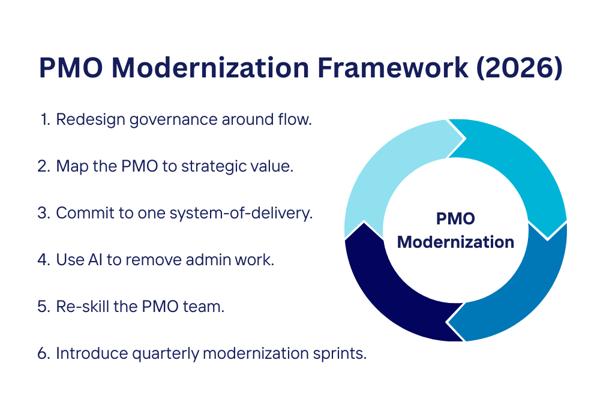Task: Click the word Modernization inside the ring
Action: tap(455, 242)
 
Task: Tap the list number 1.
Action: tap(44, 119)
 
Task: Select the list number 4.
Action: tap(43, 260)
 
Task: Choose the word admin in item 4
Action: tap(211, 260)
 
